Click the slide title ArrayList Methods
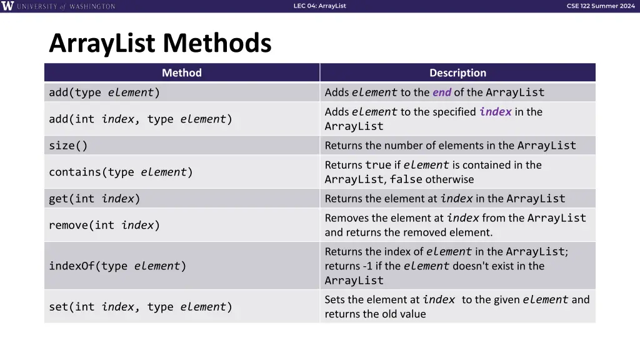(x=160, y=44)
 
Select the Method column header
(x=182, y=73)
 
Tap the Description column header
(x=457, y=73)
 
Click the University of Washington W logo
(x=7, y=6)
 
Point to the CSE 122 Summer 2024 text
(x=600, y=6)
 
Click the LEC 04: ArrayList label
(x=319, y=6)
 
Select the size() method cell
(x=69, y=146)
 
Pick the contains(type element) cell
(x=121, y=172)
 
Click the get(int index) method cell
(x=94, y=199)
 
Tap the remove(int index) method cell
(x=104, y=225)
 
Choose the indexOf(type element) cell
(x=117, y=266)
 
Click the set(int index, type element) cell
(x=141, y=307)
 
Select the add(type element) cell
(x=104, y=92)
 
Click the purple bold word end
(x=441, y=92)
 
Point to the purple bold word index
(x=495, y=112)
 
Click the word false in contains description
(x=406, y=180)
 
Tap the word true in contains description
(x=378, y=166)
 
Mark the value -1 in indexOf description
(x=365, y=266)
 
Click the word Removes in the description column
(x=347, y=218)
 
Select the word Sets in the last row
(x=335, y=300)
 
